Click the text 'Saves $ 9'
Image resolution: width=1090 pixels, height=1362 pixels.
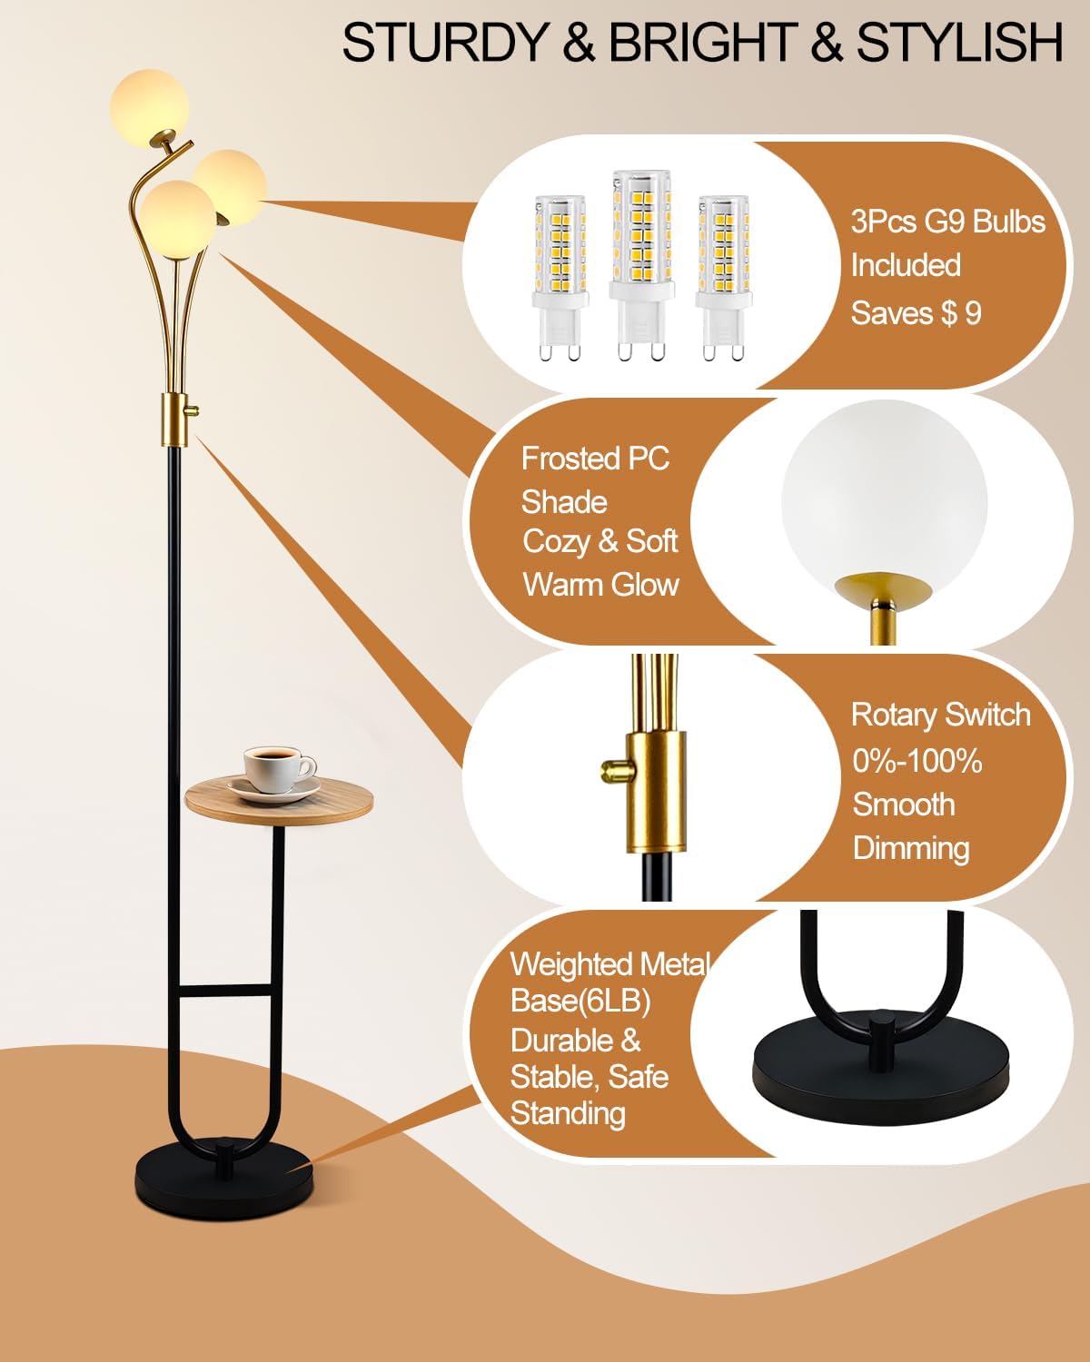pos(916,313)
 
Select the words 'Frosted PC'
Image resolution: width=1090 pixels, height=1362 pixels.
pos(595,459)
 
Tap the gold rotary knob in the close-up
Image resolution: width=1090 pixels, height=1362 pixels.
pos(614,771)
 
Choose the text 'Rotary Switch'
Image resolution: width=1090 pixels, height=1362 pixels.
pos(940,715)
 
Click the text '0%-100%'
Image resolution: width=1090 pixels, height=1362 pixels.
pos(917,760)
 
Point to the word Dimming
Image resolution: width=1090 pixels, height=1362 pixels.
pos(911,848)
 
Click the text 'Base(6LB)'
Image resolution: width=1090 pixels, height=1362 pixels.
pos(580,1001)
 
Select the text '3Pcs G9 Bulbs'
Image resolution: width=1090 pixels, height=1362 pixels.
pos(947,222)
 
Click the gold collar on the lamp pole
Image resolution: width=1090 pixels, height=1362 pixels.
pos(175,419)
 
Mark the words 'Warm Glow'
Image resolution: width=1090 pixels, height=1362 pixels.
pos(600,584)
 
